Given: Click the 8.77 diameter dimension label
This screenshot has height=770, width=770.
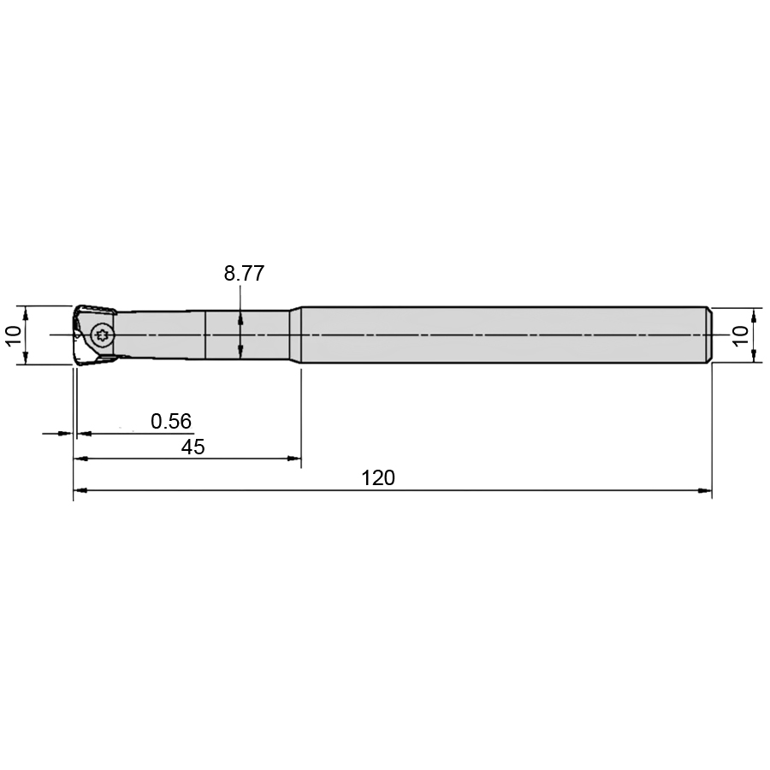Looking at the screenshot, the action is (x=244, y=274).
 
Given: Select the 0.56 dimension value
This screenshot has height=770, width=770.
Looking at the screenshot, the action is (x=171, y=421).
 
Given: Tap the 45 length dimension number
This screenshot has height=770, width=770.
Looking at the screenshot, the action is (x=193, y=447).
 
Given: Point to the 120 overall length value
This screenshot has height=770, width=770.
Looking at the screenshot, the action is (x=378, y=477).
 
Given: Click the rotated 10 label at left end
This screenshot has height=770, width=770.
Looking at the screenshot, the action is (x=14, y=336).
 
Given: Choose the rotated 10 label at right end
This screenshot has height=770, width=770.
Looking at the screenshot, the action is (x=741, y=336).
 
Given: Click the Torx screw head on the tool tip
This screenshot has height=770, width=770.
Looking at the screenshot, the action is (x=103, y=335).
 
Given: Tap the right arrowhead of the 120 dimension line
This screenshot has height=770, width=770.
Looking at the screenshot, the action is (x=705, y=490).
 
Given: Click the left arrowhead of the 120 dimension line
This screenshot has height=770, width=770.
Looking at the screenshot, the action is (x=80, y=490).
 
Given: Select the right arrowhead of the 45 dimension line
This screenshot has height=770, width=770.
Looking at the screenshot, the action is (x=294, y=459).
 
